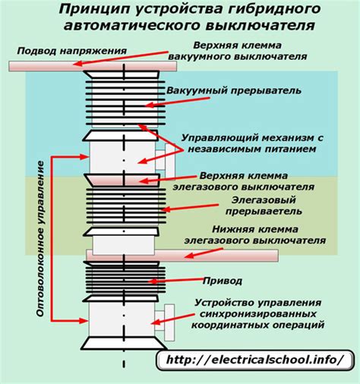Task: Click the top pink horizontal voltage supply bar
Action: (x=84, y=67)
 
